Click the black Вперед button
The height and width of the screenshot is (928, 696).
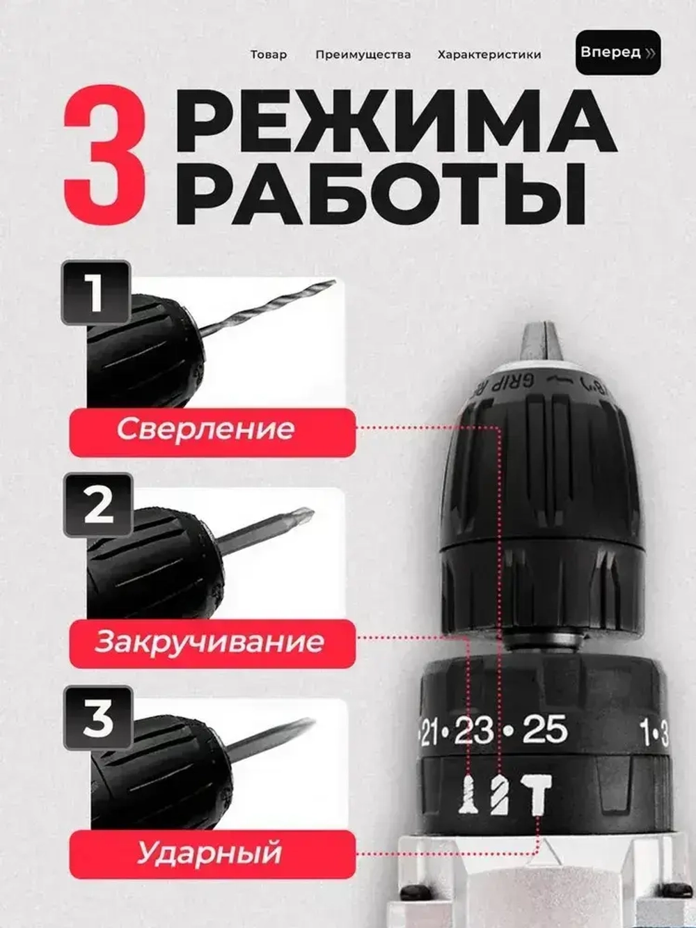pos(618,52)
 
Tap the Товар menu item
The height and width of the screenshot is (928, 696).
pos(269,54)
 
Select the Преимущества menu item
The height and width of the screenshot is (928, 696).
pos(363,55)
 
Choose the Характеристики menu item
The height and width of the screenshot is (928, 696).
pos(489,54)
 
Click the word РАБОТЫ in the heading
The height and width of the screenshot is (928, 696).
pos(380,194)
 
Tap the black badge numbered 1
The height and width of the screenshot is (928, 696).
pos(95,292)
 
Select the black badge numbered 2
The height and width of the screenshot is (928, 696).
pos(98,505)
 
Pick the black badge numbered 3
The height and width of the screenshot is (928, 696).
pos(98,718)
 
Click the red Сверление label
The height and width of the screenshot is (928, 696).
pos(212,432)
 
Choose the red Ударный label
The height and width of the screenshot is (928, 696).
pos(212,854)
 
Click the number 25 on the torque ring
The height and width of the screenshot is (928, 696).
pos(545,729)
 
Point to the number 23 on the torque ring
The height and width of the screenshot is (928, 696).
pos(474,730)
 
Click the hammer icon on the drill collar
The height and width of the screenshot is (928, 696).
pos(536,794)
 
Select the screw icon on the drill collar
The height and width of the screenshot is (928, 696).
pos(468,795)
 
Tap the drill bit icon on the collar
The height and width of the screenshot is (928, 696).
pos(500,795)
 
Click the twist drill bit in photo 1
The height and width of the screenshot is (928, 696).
pos(268,308)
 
